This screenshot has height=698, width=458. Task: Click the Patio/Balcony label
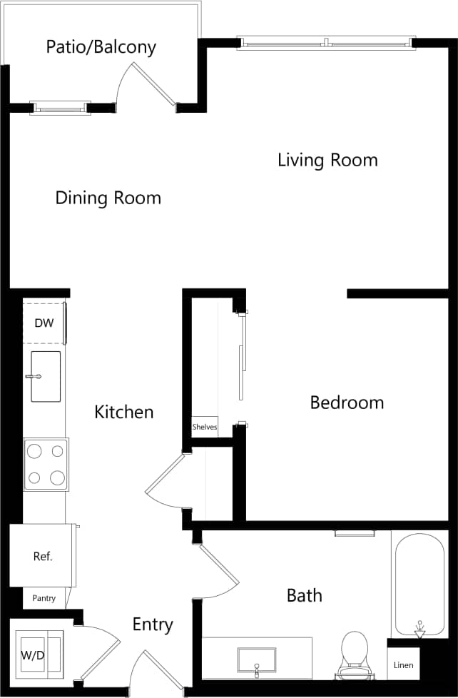coord(101,48)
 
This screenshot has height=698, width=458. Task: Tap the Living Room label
coord(327,160)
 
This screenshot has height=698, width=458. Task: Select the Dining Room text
coord(108,198)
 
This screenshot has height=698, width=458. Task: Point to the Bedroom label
coord(347,403)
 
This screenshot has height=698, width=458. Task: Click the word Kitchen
coord(124,412)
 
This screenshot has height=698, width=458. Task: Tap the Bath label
coord(304,595)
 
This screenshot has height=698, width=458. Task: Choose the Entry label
coord(153,625)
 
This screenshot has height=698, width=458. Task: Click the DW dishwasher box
coord(44,323)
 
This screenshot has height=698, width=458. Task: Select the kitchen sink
coord(45,376)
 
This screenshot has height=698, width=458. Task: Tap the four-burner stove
coord(46,465)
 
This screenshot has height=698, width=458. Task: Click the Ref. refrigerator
coord(42,556)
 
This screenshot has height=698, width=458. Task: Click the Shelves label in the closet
coord(205,427)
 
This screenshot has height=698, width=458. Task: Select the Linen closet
coord(403,665)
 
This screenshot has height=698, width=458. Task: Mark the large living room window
coord(325,44)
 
